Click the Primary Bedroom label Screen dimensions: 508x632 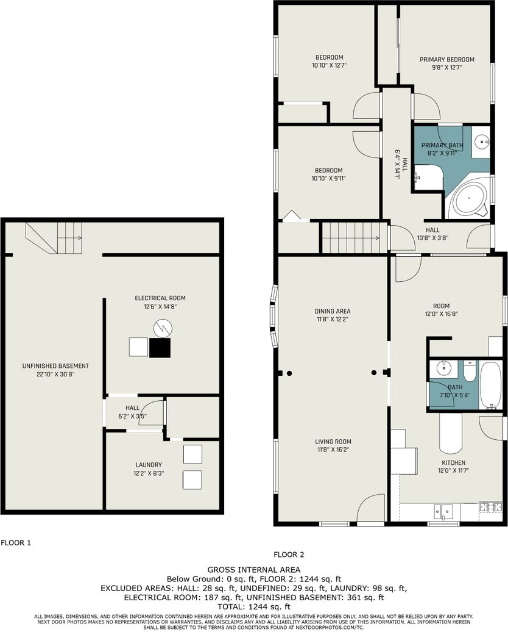(x=447, y=60)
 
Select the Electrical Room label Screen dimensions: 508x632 (x=160, y=298)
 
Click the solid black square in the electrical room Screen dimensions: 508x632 (x=160, y=348)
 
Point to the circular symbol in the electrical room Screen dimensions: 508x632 (x=163, y=328)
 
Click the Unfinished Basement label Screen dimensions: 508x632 (x=55, y=366)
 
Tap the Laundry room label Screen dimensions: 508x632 (x=149, y=465)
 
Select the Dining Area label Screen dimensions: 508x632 (x=333, y=311)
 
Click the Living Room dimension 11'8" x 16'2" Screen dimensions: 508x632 (x=333, y=450)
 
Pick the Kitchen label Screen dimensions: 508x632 (x=454, y=462)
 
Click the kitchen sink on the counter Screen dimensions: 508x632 (x=443, y=512)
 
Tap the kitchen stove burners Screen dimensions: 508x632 (x=491, y=507)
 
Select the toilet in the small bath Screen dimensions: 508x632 (x=470, y=372)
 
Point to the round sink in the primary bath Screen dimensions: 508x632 (x=481, y=142)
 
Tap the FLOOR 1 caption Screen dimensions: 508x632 (x=16, y=542)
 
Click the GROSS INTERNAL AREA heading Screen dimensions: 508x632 (x=253, y=570)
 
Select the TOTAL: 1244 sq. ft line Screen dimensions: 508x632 (x=253, y=606)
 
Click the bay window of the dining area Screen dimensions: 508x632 (x=274, y=317)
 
